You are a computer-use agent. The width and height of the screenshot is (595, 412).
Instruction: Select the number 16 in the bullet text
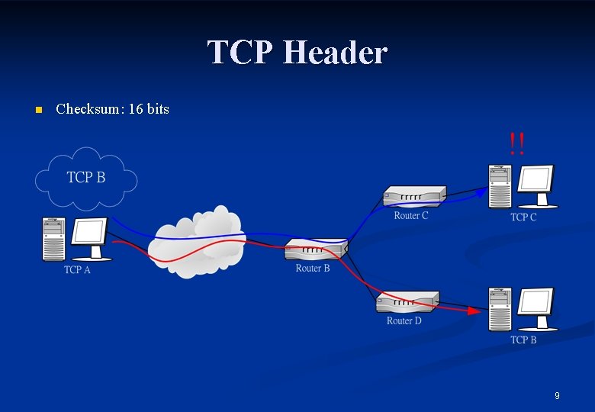(135, 109)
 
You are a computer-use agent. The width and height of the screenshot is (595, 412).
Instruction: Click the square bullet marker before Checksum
(38, 110)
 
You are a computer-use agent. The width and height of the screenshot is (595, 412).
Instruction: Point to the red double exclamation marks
(516, 143)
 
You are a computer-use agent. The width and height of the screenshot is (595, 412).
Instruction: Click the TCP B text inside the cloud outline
(85, 178)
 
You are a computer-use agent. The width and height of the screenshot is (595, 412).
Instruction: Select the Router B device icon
(317, 249)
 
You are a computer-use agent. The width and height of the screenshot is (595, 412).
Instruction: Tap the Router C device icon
(414, 197)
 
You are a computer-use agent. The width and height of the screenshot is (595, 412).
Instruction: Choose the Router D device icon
(408, 301)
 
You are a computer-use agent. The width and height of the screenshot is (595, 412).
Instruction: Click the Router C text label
(411, 216)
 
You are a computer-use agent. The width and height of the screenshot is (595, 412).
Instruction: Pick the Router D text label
(404, 321)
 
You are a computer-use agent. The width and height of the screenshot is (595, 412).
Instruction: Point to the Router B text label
(313, 269)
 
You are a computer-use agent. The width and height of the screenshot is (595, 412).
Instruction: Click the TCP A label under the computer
(77, 270)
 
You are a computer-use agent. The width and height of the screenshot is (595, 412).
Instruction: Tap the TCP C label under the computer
(523, 217)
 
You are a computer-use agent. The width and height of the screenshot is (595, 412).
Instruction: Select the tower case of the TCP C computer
(500, 186)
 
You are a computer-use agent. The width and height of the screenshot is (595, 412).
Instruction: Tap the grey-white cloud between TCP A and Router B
(197, 241)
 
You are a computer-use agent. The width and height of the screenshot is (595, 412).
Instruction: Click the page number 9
(557, 395)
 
